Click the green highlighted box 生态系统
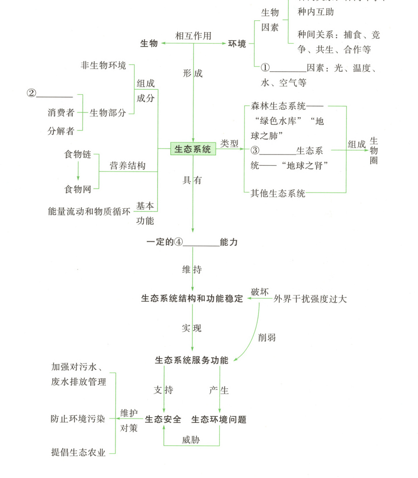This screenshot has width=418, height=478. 193,149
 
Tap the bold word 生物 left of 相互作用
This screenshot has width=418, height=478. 149,44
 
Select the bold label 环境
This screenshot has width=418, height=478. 237,44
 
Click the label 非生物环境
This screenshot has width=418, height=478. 103,66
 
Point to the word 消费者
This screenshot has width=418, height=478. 61,113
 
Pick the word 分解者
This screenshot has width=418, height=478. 61,131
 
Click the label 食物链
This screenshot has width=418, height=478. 78,155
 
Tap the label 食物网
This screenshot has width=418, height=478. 78,189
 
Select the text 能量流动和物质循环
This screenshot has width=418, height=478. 89,211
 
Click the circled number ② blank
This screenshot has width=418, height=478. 49,93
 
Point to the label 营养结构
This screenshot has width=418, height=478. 128,166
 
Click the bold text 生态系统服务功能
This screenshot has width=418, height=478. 192,360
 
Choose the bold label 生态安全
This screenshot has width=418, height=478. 163,419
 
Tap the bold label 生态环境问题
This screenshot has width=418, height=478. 219,419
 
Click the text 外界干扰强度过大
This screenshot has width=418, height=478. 310,299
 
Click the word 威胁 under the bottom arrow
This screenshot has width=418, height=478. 191,440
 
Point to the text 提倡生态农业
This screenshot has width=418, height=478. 79,452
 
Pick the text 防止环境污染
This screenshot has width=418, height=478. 78,419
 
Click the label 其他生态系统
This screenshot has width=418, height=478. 278,193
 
